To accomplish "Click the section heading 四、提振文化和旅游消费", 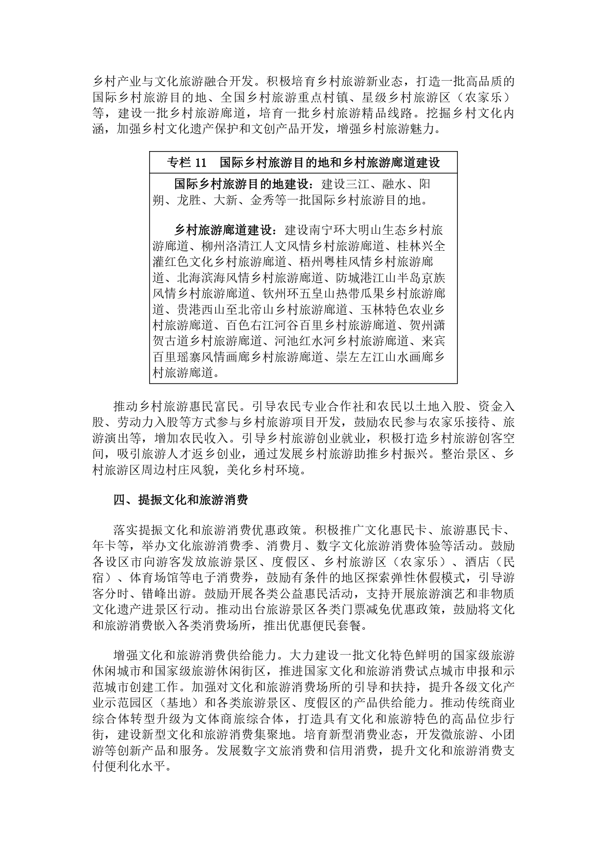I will click(180, 500).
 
